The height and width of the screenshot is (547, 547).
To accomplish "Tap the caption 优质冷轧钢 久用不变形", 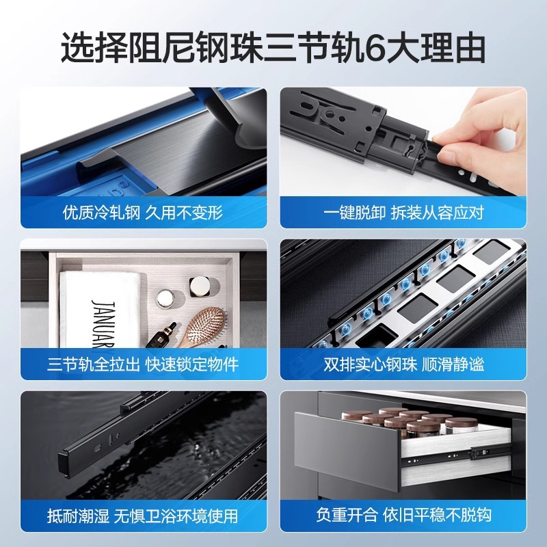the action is click(143, 213).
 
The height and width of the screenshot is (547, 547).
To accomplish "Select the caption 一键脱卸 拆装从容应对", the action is click(403, 213).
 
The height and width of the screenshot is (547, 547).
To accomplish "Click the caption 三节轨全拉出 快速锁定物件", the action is click(143, 364).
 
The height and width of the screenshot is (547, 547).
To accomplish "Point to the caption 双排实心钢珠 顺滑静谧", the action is click(403, 364).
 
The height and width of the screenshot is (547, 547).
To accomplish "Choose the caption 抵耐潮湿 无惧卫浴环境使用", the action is click(143, 516).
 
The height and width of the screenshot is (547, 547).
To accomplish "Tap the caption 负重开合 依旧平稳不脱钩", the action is click(403, 516).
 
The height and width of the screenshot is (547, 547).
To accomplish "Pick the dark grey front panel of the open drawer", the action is click(346, 449).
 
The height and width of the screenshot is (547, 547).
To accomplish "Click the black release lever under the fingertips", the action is click(424, 153).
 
